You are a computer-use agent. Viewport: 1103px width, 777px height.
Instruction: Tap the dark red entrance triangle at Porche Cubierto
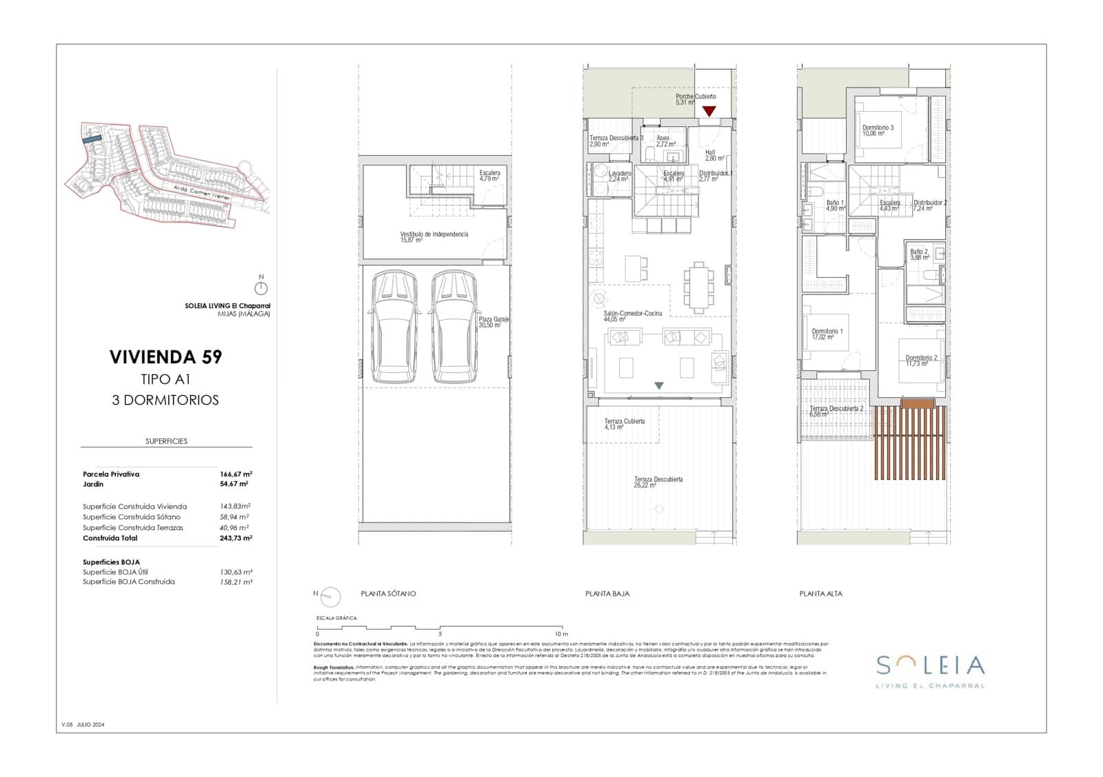(x=709, y=111)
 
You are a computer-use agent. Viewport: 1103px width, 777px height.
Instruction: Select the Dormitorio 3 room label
(x=878, y=128)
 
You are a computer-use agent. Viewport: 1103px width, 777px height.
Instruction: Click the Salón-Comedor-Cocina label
(x=632, y=314)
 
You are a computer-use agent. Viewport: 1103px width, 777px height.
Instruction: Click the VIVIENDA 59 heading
(x=165, y=357)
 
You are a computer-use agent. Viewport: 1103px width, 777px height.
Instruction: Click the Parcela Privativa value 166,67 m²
(x=236, y=474)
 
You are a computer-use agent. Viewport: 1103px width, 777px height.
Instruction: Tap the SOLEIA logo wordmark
(x=930, y=666)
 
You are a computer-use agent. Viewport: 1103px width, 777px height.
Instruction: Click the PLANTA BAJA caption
(x=607, y=594)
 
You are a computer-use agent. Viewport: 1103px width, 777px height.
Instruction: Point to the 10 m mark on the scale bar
(x=561, y=634)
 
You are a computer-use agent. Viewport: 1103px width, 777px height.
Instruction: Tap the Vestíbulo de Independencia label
(x=434, y=235)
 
